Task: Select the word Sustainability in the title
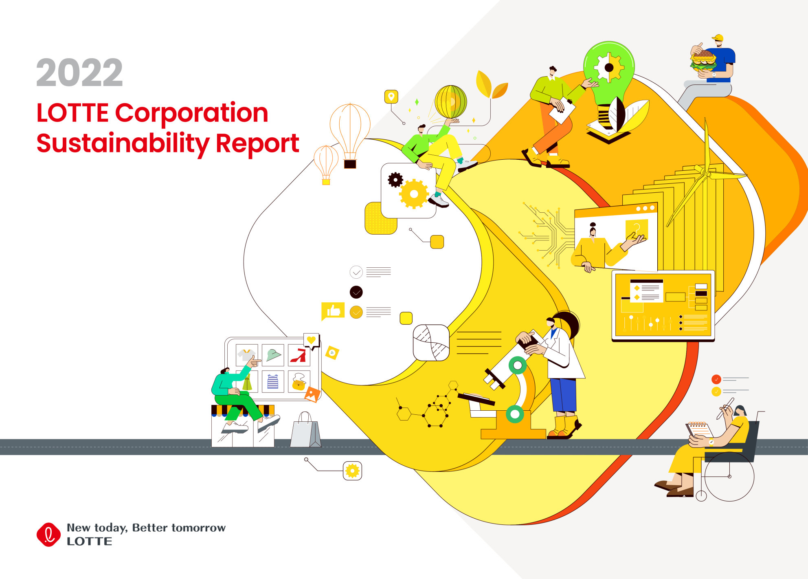point(123,143)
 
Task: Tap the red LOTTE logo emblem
point(48,535)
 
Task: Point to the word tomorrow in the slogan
point(199,528)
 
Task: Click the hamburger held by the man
point(703,60)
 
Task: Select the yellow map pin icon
point(391,97)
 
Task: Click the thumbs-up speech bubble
point(333,312)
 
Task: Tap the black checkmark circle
point(356,292)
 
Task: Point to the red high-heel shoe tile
point(299,355)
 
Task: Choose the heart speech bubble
point(312,341)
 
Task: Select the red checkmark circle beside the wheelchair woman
point(716,379)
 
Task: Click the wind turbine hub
point(708,174)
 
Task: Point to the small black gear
point(395,180)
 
